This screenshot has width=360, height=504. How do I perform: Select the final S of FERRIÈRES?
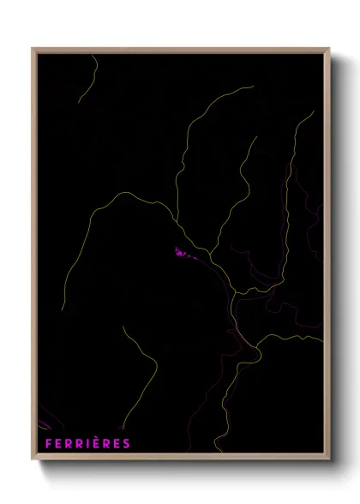tap(127, 443)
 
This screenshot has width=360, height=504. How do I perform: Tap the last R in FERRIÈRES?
tap(107, 443)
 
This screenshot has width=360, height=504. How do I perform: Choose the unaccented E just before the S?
tap(117, 443)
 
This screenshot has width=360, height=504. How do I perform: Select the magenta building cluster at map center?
tap(183, 254)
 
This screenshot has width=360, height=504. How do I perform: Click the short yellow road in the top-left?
tap(85, 81)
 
